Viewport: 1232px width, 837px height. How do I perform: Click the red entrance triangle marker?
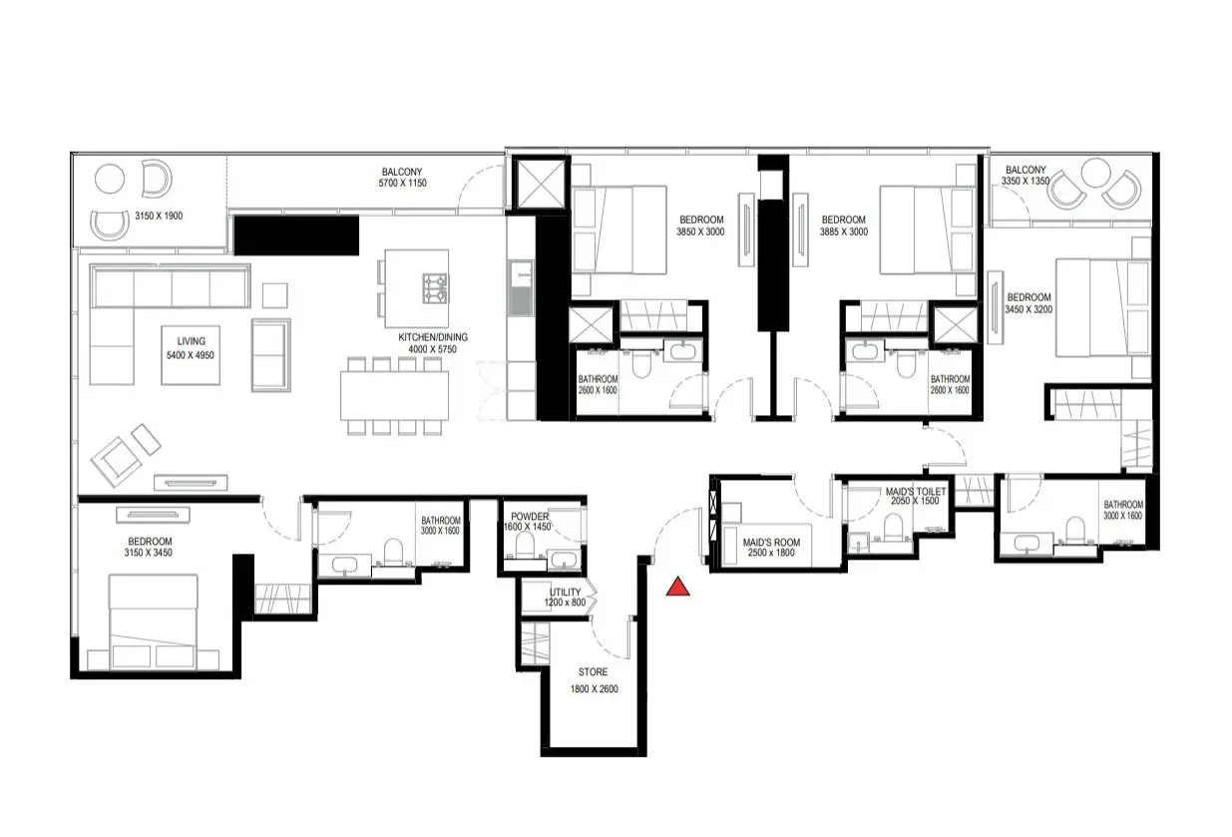coord(677,587)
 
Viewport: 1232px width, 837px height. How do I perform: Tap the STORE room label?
coord(593,672)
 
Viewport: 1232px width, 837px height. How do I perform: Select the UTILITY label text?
coord(566,592)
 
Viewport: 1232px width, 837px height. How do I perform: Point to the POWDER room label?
coord(530,517)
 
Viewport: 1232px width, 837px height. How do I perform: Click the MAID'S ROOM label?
coord(771,543)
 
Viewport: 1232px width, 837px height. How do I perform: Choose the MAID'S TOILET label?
coord(916,491)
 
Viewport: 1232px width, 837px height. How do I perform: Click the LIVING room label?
coord(191,341)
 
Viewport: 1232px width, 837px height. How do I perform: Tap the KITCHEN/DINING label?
coord(433,337)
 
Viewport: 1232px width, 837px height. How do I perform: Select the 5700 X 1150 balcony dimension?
coord(402,184)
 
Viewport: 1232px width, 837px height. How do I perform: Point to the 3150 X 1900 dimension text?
coord(159,216)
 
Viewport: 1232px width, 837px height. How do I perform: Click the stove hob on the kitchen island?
coord(435,288)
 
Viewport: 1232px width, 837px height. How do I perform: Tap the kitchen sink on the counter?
coord(521,288)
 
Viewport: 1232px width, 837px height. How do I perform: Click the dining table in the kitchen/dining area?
coord(394,396)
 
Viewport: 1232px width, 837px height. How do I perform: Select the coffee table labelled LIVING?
coord(191,355)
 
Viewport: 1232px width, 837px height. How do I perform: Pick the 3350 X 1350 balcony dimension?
coord(1026,181)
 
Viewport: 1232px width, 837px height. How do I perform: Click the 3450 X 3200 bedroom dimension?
coord(1028,309)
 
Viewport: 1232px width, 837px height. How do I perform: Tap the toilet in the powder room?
coord(525,545)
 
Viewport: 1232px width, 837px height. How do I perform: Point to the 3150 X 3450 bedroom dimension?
coord(149,553)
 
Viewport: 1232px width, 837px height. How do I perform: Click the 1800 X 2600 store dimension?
coord(594,689)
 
